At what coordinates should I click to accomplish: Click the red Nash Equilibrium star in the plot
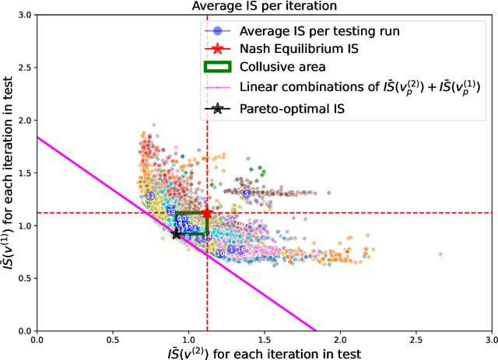207,212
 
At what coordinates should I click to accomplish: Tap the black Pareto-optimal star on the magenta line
177,233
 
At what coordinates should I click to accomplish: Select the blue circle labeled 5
247,193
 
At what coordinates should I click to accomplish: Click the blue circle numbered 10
220,253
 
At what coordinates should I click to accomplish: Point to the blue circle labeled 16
240,250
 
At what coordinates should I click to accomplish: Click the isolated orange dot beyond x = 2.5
440,254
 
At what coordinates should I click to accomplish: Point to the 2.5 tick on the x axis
416,340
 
